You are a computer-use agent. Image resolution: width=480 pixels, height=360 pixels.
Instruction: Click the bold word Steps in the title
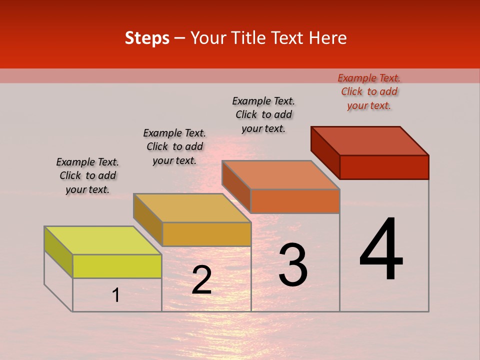(147, 38)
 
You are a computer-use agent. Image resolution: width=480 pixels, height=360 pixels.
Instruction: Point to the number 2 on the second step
(201, 280)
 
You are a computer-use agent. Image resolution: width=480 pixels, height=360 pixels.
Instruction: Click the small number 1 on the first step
(116, 295)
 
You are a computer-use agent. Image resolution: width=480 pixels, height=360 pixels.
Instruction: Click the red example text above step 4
(369, 91)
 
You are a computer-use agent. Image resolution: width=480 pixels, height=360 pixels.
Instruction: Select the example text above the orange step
(263, 114)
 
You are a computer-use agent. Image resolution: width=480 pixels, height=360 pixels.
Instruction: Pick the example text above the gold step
(174, 146)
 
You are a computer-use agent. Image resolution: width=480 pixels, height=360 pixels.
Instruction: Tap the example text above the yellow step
(87, 175)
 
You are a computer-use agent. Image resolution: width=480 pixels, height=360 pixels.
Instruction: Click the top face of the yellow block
(102, 240)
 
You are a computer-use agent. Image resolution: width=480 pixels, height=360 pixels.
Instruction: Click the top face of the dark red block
(370, 140)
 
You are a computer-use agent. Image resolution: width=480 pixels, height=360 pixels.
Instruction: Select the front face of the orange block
(295, 201)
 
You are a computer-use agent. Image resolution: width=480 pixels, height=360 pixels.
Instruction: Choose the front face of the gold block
(206, 234)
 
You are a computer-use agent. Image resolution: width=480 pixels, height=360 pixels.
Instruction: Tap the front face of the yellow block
(117, 266)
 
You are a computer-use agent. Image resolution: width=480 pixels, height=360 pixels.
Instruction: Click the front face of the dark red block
(384, 167)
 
